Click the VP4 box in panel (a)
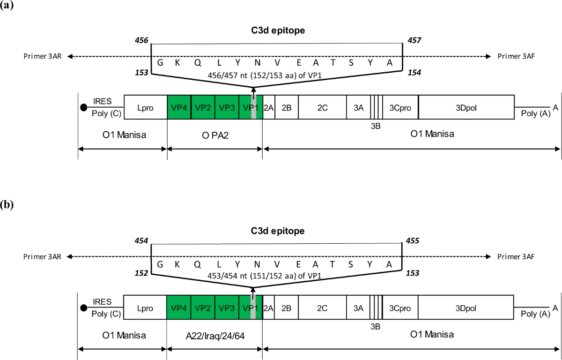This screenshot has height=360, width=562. click(178, 107)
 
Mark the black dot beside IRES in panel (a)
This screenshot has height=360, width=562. click(84, 108)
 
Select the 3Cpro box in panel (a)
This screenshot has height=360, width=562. click(400, 107)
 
